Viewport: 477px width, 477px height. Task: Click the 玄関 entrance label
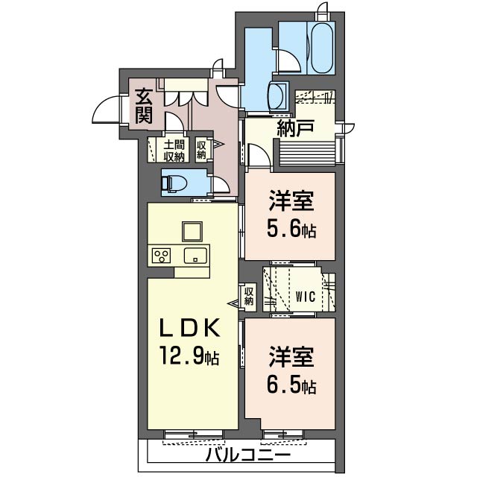click(144, 106)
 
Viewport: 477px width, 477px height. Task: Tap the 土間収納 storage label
click(174, 151)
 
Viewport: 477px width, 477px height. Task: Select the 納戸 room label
click(295, 128)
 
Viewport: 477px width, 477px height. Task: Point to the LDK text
click(190, 327)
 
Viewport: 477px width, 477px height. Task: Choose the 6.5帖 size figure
click(291, 385)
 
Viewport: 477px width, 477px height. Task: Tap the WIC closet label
click(306, 297)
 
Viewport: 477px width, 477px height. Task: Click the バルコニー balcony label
click(248, 455)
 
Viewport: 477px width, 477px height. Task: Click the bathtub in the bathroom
click(322, 48)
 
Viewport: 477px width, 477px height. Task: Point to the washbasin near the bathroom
click(278, 96)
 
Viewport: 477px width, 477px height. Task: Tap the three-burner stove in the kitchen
click(161, 256)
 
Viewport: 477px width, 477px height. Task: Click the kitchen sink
click(195, 256)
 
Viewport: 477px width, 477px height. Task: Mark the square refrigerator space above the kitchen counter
click(192, 232)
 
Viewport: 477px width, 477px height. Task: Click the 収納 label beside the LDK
click(249, 297)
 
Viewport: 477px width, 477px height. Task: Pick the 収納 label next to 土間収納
click(201, 150)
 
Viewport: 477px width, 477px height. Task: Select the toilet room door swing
click(220, 184)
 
